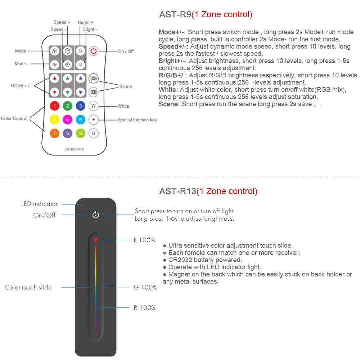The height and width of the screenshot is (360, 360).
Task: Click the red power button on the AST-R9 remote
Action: (94, 51)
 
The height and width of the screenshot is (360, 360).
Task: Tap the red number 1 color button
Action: (55, 106)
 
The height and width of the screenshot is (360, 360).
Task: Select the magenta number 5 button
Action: (68, 120)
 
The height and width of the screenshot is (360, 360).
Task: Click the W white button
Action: (94, 106)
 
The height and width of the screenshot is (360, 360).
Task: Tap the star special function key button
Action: (94, 120)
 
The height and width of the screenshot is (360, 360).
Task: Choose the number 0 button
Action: (94, 133)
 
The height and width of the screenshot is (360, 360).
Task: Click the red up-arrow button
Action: (55, 78)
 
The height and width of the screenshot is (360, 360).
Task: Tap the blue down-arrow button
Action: (81, 92)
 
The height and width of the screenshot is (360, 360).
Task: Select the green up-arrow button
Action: (68, 78)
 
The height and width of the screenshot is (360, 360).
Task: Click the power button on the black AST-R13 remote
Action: (95, 215)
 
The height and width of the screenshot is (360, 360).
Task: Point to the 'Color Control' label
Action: (14, 118)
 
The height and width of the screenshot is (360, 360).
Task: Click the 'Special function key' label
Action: (137, 120)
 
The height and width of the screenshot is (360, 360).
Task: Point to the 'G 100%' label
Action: (145, 287)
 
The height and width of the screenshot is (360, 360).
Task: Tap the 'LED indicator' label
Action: (39, 204)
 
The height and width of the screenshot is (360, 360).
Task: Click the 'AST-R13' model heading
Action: (178, 191)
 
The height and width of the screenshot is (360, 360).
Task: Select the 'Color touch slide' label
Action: (28, 287)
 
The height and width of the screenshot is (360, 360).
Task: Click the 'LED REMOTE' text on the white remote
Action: (74, 149)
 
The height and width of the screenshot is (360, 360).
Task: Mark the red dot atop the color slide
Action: (96, 240)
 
